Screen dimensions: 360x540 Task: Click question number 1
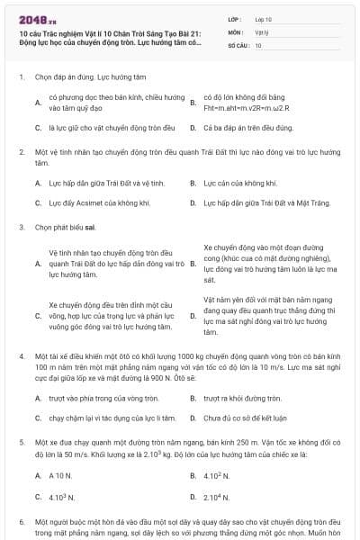[x=22, y=77]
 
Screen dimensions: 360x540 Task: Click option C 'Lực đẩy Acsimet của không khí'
[x=99, y=203]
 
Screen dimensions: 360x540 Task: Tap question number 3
[x=22, y=228]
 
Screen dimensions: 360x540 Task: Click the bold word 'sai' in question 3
[x=90, y=228]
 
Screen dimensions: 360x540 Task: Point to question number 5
[x=22, y=443]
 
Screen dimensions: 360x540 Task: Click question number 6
[x=22, y=521]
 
